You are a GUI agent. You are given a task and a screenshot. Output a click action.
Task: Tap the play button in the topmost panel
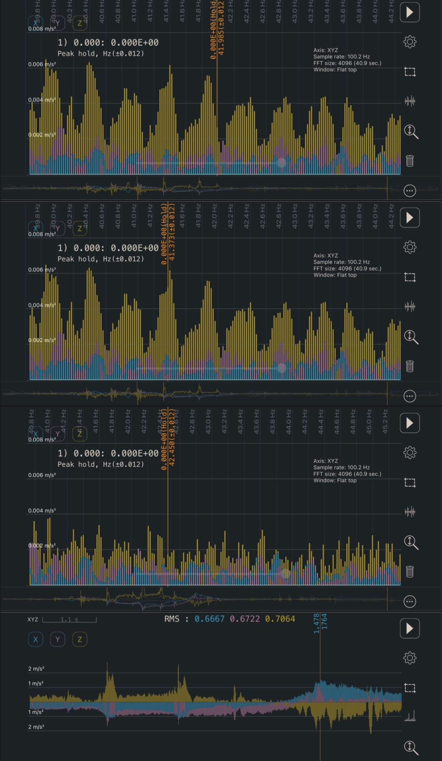[410, 12]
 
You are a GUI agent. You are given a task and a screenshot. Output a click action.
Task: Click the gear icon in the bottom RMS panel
[410, 658]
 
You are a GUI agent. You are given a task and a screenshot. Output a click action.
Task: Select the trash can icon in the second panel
[410, 366]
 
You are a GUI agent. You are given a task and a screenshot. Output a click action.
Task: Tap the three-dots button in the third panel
[410, 601]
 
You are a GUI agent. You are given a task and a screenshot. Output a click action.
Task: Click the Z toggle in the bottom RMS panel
[80, 639]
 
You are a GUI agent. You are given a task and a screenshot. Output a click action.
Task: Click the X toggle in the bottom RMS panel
[36, 639]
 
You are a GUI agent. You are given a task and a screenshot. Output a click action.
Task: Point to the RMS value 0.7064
[280, 619]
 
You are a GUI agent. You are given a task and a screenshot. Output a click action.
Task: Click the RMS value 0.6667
[209, 619]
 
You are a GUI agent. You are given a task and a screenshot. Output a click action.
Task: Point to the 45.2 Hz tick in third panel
[385, 421]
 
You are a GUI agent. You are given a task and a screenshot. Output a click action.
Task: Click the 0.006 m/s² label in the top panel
[42, 64]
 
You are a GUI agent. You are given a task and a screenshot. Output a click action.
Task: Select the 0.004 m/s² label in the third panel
[42, 511]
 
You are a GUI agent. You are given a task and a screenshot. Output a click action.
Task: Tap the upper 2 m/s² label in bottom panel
[36, 669]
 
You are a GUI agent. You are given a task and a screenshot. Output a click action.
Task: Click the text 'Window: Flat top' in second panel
[335, 275]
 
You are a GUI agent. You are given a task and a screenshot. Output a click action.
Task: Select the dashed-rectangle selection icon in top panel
[410, 72]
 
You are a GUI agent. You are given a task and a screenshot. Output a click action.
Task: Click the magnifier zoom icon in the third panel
[411, 542]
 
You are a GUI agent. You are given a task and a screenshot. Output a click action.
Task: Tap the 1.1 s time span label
[69, 620]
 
